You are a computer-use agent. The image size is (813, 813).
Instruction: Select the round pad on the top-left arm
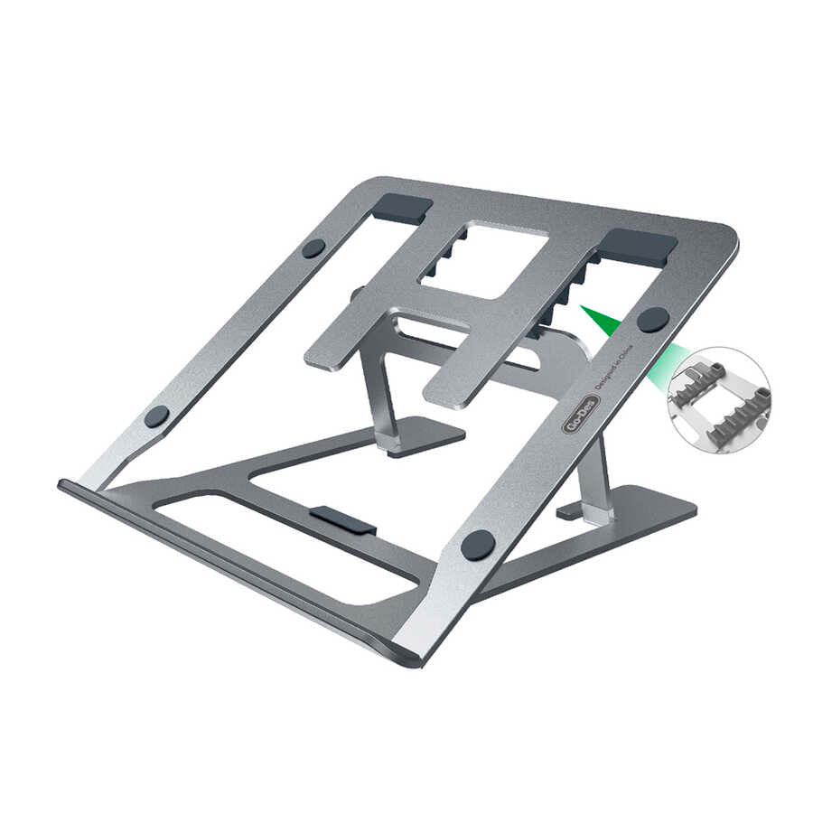click(x=313, y=248)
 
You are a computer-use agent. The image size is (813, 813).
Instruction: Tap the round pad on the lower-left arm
click(x=157, y=416)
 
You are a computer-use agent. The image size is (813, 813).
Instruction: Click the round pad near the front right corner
click(x=478, y=545)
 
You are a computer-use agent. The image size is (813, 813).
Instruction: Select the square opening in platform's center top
click(x=485, y=259)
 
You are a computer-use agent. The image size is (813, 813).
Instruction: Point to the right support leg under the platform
click(x=594, y=479)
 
